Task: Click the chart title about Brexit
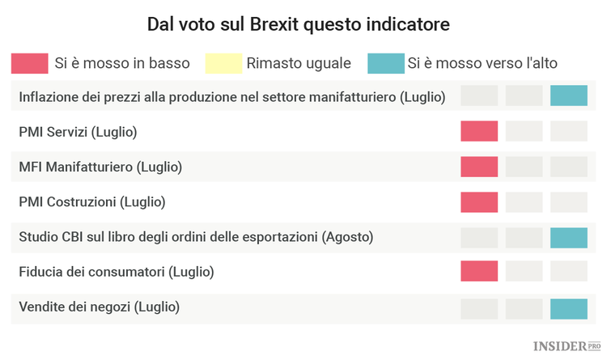point(298,24)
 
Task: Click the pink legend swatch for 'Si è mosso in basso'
point(29,63)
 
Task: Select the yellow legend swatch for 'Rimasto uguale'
point(223,63)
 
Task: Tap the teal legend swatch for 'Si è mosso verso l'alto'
point(385,63)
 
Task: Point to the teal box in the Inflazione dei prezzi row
point(568,96)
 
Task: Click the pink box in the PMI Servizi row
point(479,131)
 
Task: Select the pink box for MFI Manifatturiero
point(479,167)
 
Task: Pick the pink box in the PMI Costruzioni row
point(479,201)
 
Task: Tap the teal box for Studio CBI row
point(568,237)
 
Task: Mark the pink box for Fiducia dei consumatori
point(479,272)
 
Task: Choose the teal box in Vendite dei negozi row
point(568,308)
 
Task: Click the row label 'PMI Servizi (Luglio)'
point(78,131)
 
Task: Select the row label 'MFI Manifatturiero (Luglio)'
point(100,167)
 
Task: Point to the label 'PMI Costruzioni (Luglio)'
point(91,201)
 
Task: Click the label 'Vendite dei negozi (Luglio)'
point(100,307)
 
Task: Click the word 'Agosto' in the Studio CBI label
point(347,237)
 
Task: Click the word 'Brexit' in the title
point(274,24)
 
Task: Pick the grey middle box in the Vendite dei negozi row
point(524,308)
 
